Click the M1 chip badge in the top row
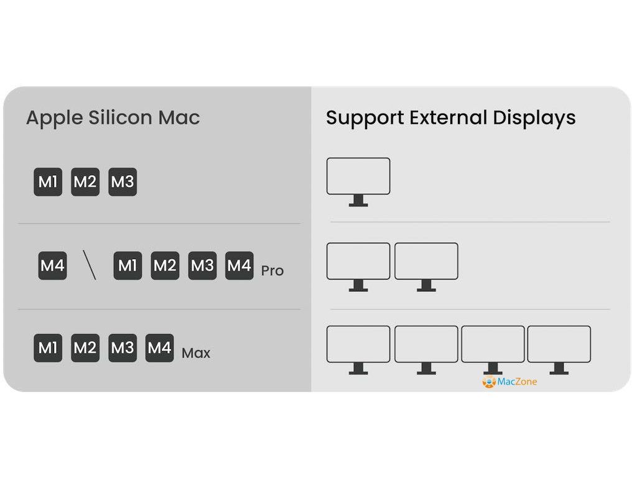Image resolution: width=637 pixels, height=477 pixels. (x=48, y=182)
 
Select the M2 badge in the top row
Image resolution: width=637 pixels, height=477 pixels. (x=85, y=182)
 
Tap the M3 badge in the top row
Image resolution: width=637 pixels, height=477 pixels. (x=123, y=182)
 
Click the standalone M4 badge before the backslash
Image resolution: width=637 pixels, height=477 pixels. (x=52, y=266)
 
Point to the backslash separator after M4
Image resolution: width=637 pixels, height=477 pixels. (x=90, y=266)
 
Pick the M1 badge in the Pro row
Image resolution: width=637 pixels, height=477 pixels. (x=128, y=266)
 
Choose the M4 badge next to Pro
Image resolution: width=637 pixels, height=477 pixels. (x=239, y=266)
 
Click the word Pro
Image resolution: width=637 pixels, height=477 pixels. (x=272, y=271)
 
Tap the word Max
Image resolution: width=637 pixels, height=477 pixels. (x=196, y=353)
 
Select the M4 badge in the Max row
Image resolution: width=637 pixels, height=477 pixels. (x=159, y=348)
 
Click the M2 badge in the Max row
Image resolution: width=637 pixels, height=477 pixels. (x=85, y=348)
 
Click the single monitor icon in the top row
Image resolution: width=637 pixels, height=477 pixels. (x=358, y=181)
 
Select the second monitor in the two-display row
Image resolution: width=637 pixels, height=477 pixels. (x=426, y=265)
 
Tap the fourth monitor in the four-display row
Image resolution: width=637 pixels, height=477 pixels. (x=559, y=348)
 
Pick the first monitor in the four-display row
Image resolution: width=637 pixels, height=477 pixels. (x=358, y=348)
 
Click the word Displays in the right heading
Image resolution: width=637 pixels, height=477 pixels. (x=534, y=117)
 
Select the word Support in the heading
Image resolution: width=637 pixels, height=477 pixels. (x=365, y=117)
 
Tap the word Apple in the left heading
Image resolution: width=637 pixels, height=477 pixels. (x=54, y=117)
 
